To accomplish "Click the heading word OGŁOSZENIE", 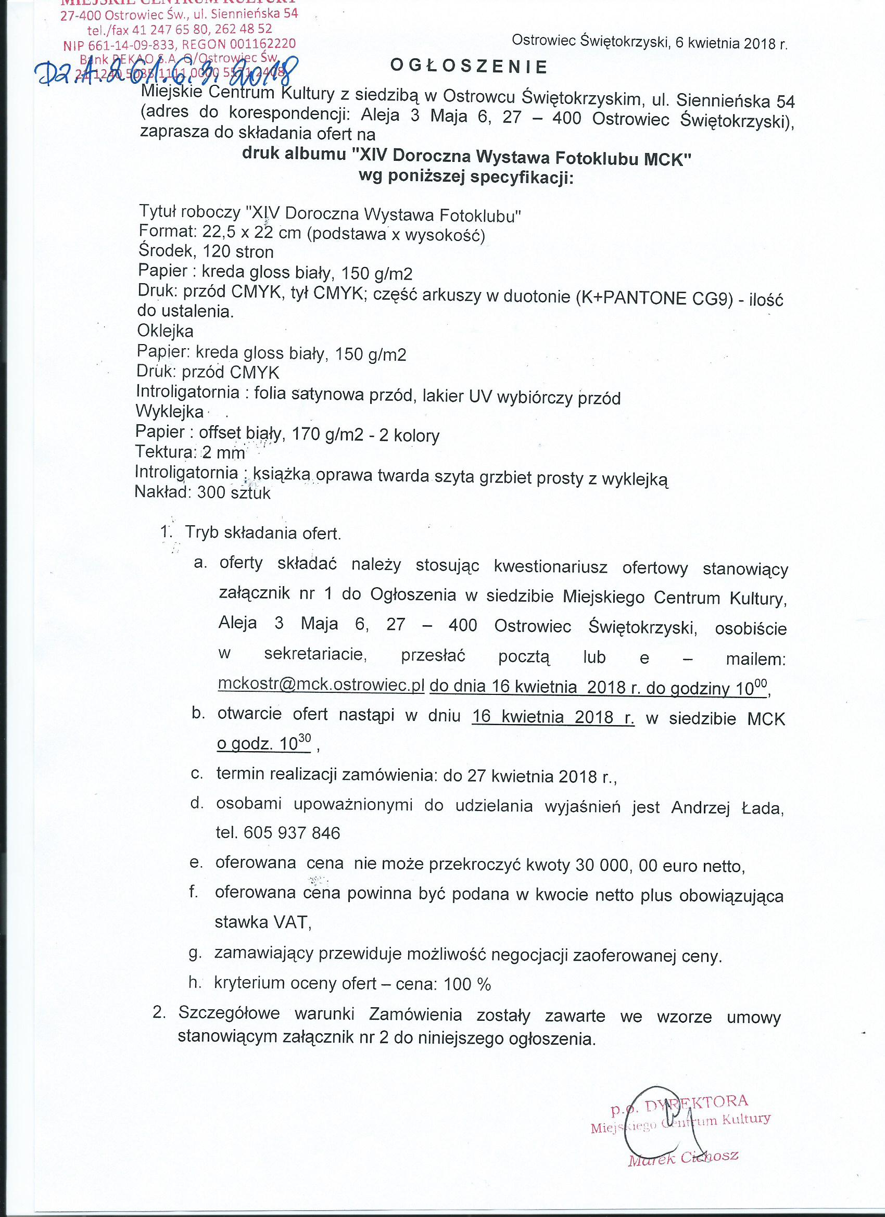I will (469, 66).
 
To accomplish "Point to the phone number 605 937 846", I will (292, 832).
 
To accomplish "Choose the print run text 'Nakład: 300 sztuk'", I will (203, 492).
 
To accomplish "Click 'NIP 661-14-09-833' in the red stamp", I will (119, 45).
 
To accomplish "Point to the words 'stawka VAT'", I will (262, 922).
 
